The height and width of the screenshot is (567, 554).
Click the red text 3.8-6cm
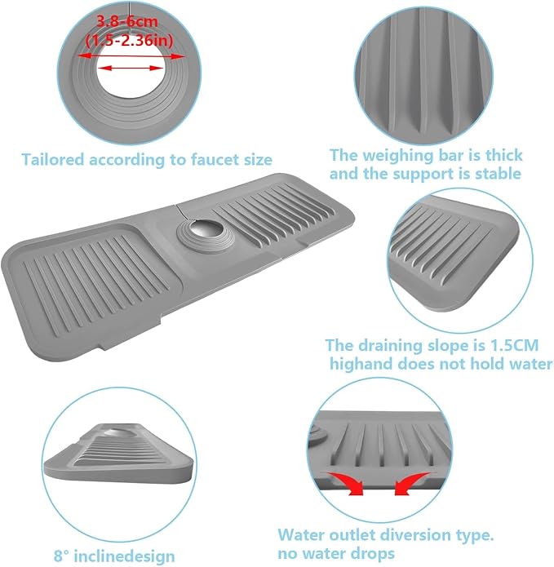coord(127,21)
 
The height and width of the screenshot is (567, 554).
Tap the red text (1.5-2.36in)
coord(129,40)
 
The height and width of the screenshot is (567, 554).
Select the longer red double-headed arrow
coord(131,56)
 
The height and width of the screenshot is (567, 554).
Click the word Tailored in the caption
coord(53,159)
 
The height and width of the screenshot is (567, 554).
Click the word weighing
coord(398,156)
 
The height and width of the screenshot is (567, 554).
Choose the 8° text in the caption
coord(63,555)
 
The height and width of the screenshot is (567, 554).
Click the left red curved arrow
coord(344,483)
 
